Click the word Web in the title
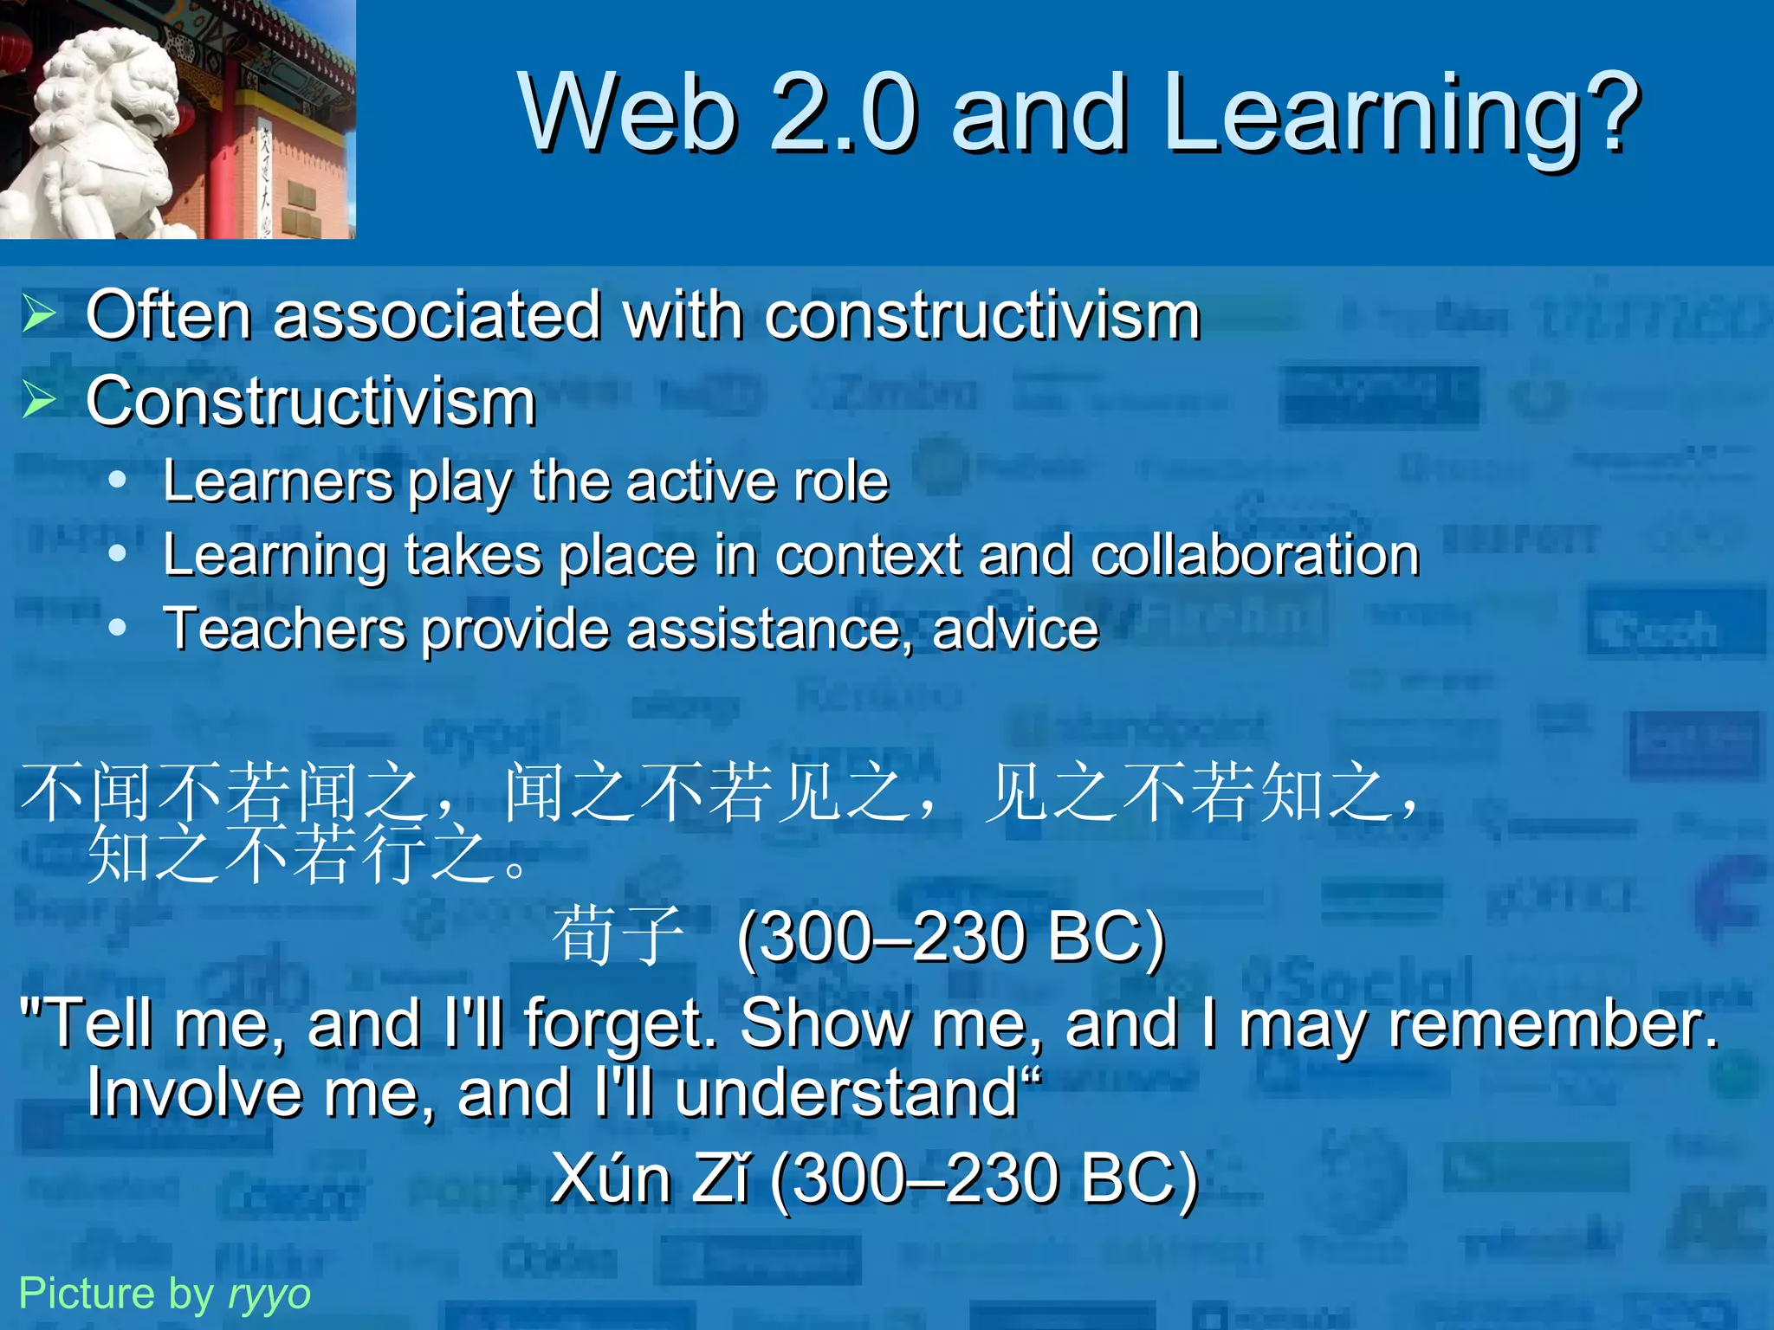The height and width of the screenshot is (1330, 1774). coord(628,113)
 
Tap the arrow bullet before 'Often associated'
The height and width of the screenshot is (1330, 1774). coord(39,313)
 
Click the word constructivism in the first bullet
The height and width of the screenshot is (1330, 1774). coord(982,315)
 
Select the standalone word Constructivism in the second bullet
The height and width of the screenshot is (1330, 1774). coord(311,403)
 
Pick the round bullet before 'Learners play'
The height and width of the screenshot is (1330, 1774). coord(118,479)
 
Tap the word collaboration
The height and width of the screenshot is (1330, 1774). coord(1255,555)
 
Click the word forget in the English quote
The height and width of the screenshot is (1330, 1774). coord(620,1025)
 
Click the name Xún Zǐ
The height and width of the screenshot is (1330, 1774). coord(651,1179)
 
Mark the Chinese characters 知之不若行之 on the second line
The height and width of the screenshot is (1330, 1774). coord(295,855)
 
